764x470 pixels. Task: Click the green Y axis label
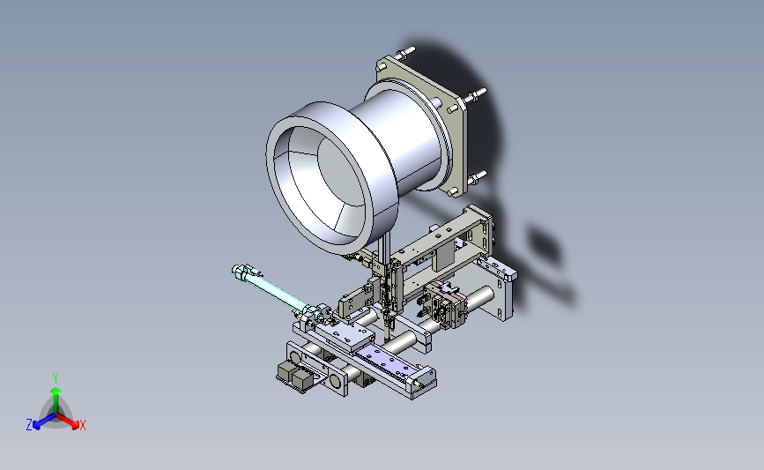[55, 378]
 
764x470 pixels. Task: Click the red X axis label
[82, 425]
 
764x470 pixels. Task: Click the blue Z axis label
[29, 425]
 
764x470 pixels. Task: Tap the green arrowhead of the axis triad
[56, 391]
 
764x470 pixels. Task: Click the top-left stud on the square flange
[407, 51]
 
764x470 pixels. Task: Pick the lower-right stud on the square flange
[477, 176]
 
